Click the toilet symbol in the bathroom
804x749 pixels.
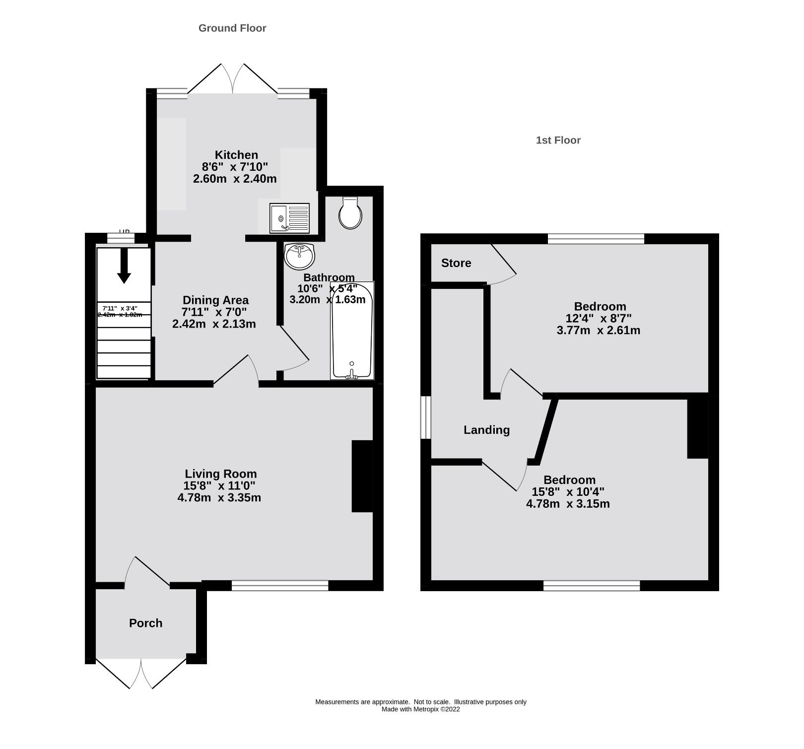click(x=350, y=213)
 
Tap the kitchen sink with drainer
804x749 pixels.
click(x=289, y=218)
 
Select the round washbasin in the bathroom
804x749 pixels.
click(x=300, y=256)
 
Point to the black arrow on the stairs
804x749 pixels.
click(x=124, y=266)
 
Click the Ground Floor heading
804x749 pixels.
click(x=232, y=28)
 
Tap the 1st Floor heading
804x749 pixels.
click(x=558, y=140)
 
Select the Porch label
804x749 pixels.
click(x=145, y=623)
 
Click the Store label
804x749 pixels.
click(x=456, y=263)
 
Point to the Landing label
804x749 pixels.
click(x=486, y=430)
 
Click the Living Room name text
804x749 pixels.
click(x=221, y=474)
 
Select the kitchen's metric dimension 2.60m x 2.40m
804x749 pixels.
click(x=235, y=179)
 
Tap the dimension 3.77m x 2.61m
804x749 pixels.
click(x=599, y=331)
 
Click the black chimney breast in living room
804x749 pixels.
click(x=362, y=476)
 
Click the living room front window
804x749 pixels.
click(x=280, y=586)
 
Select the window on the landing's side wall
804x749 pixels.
click(x=426, y=417)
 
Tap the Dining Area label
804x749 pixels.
click(x=215, y=300)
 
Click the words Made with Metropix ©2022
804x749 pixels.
click(x=420, y=709)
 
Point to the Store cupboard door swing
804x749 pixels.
click(x=504, y=266)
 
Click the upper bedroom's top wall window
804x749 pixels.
click(x=596, y=239)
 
